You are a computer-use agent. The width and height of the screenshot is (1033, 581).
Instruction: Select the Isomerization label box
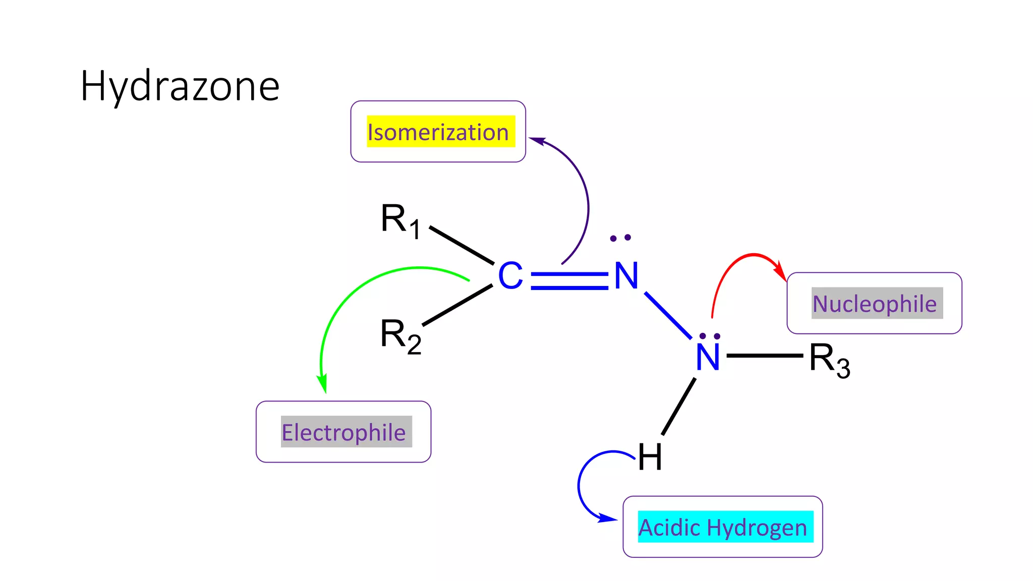(x=438, y=132)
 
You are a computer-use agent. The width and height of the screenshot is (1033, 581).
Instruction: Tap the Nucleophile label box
(x=874, y=303)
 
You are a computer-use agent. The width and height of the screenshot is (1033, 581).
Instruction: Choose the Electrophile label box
(x=343, y=432)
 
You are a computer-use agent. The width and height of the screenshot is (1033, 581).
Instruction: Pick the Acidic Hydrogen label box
(x=722, y=527)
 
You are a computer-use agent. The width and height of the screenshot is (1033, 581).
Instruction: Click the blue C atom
(x=510, y=276)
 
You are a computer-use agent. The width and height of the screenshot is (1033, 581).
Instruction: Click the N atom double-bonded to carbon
(x=626, y=276)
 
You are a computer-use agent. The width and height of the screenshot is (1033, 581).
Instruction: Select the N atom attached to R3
(x=707, y=357)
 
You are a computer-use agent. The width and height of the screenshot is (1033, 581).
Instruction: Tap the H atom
(x=649, y=457)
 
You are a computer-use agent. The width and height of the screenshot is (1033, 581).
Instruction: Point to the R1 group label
(x=400, y=221)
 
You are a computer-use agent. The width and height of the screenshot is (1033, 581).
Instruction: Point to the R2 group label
(x=400, y=336)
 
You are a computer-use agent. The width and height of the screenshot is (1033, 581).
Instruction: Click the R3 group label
(x=829, y=360)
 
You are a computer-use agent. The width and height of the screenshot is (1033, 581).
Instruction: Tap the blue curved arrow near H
(x=580, y=484)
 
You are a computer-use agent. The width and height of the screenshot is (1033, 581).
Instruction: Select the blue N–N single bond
(x=668, y=315)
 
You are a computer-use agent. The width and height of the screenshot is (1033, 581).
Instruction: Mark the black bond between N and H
(x=678, y=406)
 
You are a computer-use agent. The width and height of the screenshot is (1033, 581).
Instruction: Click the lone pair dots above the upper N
(x=620, y=238)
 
